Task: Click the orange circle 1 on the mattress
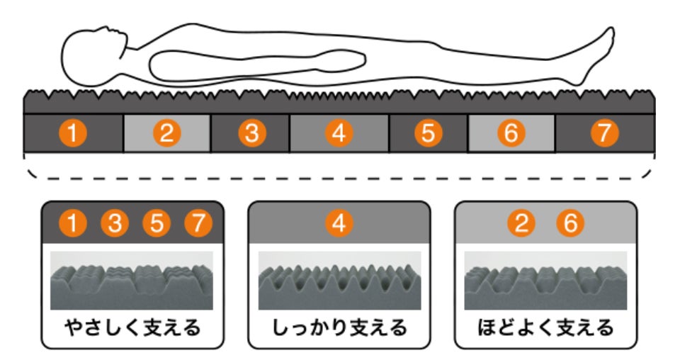click(x=73, y=133)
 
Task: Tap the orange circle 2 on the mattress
click(x=167, y=133)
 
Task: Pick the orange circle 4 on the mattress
click(x=339, y=133)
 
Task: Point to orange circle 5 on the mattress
click(x=429, y=133)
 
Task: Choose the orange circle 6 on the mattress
click(x=510, y=133)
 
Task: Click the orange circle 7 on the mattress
click(x=604, y=133)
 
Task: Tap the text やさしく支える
click(x=132, y=328)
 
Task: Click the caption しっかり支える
click(x=339, y=328)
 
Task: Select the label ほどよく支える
click(x=545, y=328)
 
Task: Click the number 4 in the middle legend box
click(x=339, y=224)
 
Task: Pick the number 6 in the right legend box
click(x=570, y=224)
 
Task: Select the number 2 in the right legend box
click(x=522, y=224)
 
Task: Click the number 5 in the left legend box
click(x=157, y=224)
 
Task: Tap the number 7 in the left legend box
click(x=198, y=224)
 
